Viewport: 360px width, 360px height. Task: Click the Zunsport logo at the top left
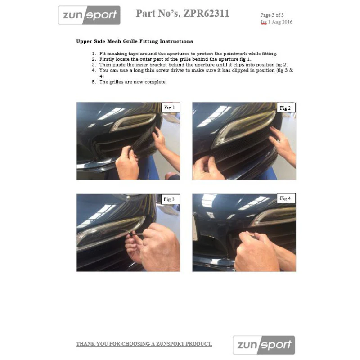point(89,15)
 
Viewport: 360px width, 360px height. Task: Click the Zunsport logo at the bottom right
point(264,345)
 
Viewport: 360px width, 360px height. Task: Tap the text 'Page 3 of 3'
point(272,15)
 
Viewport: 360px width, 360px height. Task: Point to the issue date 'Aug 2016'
point(282,22)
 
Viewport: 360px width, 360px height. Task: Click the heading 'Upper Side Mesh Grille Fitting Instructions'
point(135,41)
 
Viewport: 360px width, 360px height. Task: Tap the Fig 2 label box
point(286,108)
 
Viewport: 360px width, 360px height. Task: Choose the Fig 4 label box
point(286,198)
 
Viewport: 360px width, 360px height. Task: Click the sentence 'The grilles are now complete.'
point(133,82)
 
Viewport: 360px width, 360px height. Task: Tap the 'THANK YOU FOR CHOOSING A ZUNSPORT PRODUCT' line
point(144,344)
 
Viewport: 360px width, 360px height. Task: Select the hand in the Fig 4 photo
point(260,252)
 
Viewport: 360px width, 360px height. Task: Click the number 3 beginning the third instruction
point(94,65)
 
